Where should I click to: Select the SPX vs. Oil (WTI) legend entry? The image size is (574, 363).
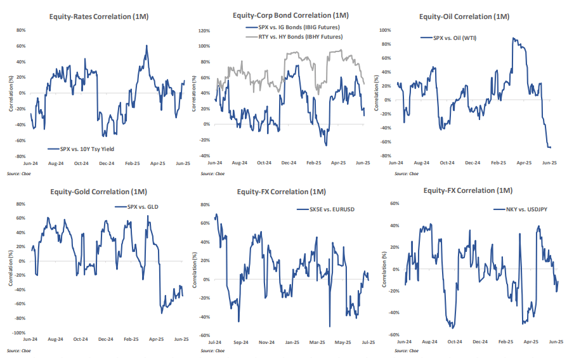[x=454, y=38]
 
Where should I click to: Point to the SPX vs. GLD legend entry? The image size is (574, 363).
[x=141, y=207]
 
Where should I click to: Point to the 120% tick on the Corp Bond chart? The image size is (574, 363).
[x=204, y=30]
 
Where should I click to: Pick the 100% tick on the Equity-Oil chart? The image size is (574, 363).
[x=384, y=30]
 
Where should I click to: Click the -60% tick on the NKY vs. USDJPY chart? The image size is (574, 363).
[x=393, y=334]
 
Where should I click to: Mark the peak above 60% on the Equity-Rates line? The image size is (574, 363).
[x=147, y=46]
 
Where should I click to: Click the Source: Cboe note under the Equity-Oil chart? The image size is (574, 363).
[x=406, y=173]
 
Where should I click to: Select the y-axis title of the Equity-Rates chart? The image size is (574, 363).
[x=11, y=93]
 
